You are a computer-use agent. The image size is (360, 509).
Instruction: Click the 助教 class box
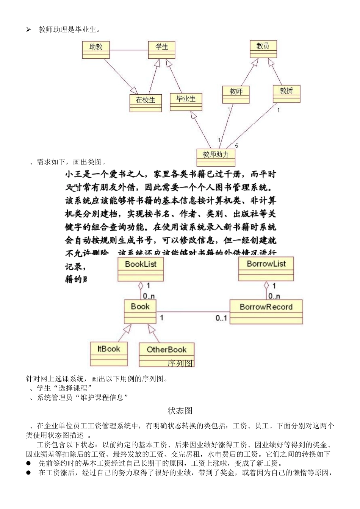pos(96,50)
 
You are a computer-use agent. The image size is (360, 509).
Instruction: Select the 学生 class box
pos(161,50)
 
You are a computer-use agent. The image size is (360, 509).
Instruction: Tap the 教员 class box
pos(263,49)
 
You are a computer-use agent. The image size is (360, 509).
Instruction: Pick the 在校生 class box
pos(146,103)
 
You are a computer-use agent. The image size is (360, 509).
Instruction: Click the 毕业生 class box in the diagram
pos(186,101)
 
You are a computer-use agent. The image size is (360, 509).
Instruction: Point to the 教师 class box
pos(236,94)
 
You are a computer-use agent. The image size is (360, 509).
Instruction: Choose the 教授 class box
pos(286,94)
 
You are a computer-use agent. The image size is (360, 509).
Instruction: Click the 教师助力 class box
pos(216,157)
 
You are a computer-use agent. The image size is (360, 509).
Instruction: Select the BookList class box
pos(141,269)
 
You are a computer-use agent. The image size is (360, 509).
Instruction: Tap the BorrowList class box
pos(266,269)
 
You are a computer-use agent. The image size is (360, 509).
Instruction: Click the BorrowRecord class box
pos(266,312)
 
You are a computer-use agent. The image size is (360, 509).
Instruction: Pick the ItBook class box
pos(109,354)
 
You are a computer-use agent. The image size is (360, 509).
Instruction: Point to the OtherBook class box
pos(167,354)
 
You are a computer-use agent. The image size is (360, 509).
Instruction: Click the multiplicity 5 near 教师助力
pos(236,146)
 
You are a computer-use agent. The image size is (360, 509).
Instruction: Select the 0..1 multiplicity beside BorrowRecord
pos(221,318)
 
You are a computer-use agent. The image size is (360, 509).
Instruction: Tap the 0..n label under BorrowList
pos(274,296)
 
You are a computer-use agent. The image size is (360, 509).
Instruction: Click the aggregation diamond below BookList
pos(141,286)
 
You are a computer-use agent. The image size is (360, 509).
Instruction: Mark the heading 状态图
pos(180,411)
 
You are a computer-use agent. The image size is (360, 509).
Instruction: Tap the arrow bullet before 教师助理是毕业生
pos(28,30)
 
